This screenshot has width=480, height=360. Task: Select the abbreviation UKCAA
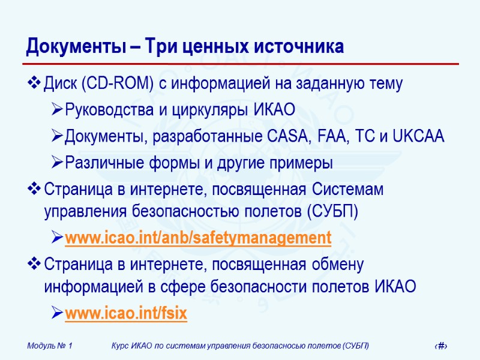click(419, 136)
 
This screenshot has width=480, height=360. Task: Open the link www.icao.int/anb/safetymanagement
click(197, 238)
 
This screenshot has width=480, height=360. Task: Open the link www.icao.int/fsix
click(125, 313)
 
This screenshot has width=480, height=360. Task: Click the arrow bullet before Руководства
click(56, 110)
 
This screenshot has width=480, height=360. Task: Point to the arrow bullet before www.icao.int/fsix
click(56, 313)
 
